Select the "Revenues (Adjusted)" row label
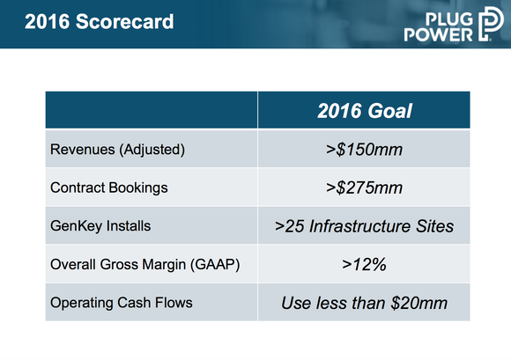pos(116,150)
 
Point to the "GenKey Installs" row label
pos(100,226)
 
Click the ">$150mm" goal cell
pos(364,150)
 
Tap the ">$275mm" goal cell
pos(364,187)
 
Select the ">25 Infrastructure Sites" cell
pos(364,226)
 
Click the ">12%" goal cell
pos(364,264)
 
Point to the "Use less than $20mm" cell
pos(364,303)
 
